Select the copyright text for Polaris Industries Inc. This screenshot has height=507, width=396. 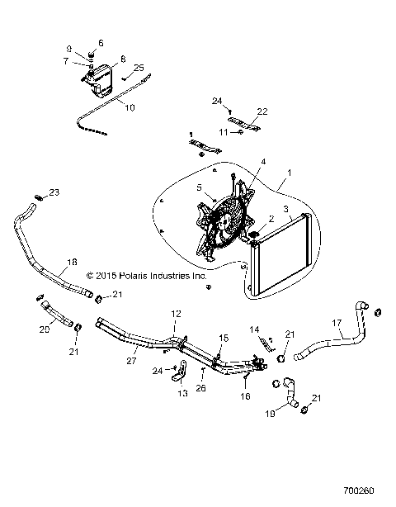pyautogui.click(x=146, y=276)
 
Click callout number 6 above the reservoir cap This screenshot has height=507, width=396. pyautogui.click(x=101, y=42)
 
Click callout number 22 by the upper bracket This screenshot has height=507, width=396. pyautogui.click(x=263, y=111)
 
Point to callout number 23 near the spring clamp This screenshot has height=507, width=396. pyautogui.click(x=55, y=192)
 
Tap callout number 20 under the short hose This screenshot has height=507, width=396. pyautogui.click(x=44, y=329)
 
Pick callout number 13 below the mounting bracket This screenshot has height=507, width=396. pyautogui.click(x=183, y=395)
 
